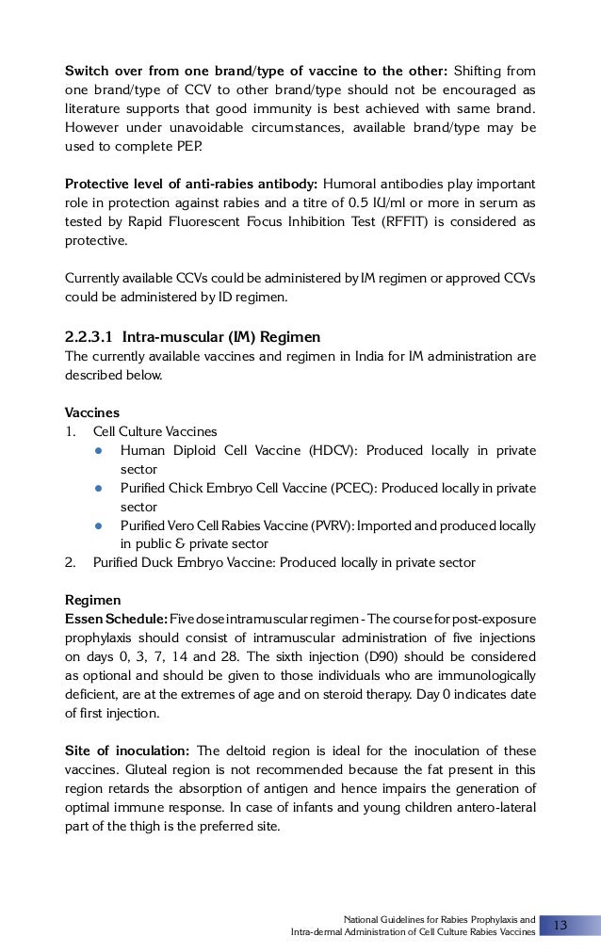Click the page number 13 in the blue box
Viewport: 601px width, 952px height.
[x=560, y=926]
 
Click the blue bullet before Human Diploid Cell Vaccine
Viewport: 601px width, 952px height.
[x=97, y=450]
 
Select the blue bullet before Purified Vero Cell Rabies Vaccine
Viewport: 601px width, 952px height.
[x=97, y=524]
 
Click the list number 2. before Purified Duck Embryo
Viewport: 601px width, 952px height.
[x=70, y=562]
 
